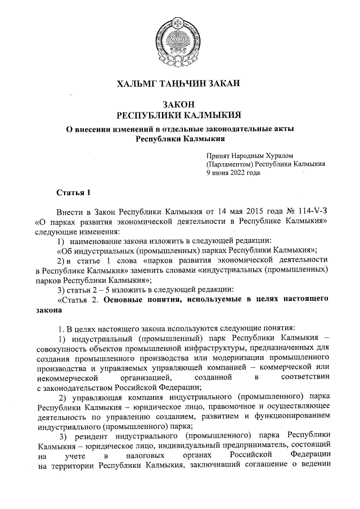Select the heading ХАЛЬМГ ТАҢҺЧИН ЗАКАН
click(178, 84)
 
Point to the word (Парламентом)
click(229, 164)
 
